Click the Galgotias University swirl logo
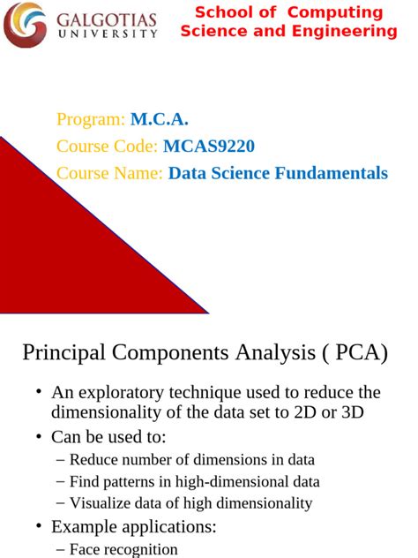click(25, 24)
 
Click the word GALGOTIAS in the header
click(106, 19)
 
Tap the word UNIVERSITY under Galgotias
click(106, 35)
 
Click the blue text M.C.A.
click(160, 120)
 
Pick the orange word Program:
click(91, 120)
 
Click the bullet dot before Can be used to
click(39, 437)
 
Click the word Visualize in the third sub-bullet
click(101, 503)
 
